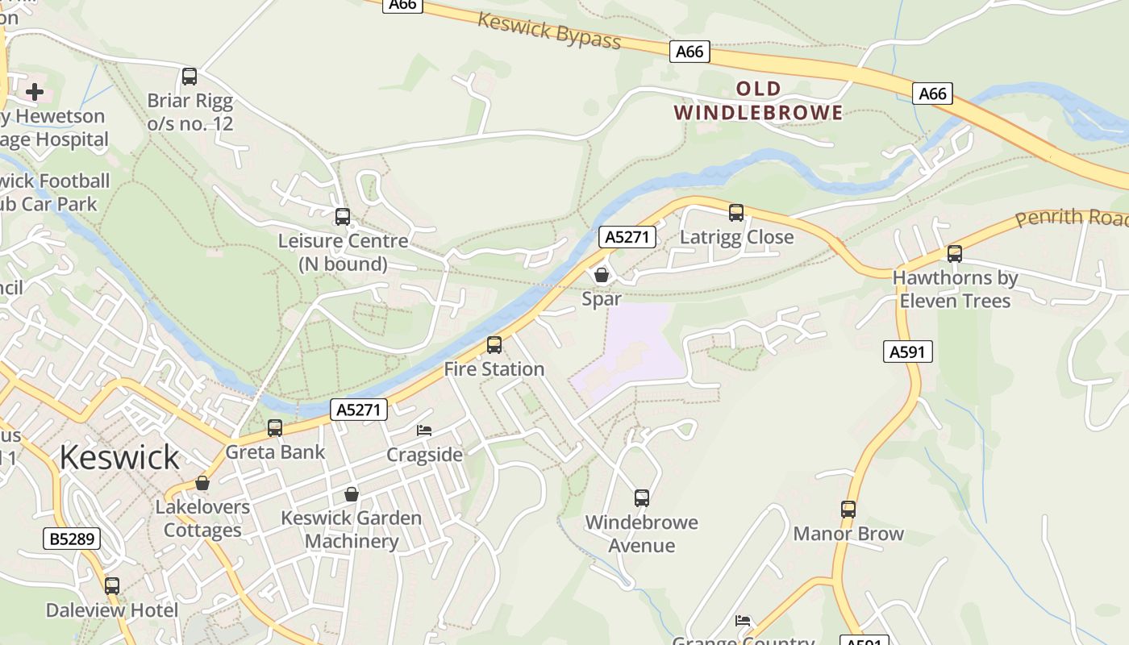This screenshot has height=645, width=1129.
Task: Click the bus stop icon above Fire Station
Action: point(494,345)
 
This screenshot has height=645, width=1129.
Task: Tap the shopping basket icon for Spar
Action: point(602,275)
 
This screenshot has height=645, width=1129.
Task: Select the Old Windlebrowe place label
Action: point(758,101)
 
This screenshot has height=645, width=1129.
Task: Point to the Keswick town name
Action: point(119,457)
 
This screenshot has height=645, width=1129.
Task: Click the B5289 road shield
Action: point(72,539)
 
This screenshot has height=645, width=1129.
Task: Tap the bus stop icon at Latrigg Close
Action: point(736,213)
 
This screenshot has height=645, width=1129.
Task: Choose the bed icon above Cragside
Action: point(424,431)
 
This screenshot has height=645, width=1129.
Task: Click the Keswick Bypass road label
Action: point(549,30)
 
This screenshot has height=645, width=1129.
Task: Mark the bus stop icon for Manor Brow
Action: point(848,510)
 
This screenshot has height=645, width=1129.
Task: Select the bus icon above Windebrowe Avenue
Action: point(642,498)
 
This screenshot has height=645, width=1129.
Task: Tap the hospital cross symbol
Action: point(35,92)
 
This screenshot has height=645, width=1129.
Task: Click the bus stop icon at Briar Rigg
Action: point(190,77)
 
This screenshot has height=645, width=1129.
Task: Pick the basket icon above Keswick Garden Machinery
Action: point(352,494)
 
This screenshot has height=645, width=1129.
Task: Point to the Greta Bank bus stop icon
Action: point(275,428)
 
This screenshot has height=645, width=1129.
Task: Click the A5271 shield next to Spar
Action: point(627,236)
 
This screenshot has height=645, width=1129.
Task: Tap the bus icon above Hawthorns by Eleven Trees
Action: point(955,254)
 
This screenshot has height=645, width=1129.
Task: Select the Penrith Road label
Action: point(1071,217)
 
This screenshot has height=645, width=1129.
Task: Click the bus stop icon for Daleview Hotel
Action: point(112,586)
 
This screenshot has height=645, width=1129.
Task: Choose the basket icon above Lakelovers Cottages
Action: point(202,484)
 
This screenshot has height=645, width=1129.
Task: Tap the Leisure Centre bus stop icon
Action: point(343,217)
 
